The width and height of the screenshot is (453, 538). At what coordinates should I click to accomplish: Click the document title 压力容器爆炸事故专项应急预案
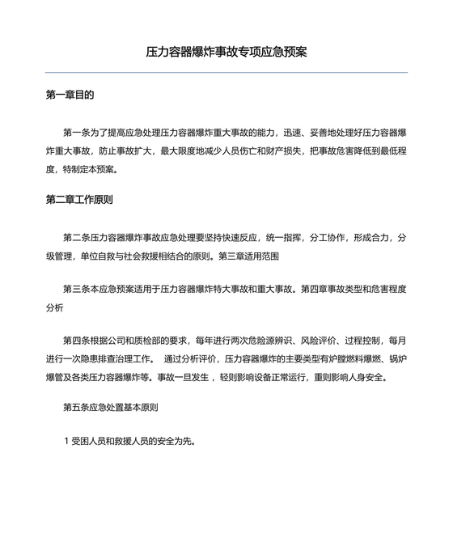(x=226, y=52)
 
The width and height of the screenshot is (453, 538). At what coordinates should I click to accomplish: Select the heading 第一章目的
(x=70, y=95)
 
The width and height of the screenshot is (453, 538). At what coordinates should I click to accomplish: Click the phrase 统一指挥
(x=286, y=238)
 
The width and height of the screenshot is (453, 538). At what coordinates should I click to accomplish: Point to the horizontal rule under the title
(x=226, y=73)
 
